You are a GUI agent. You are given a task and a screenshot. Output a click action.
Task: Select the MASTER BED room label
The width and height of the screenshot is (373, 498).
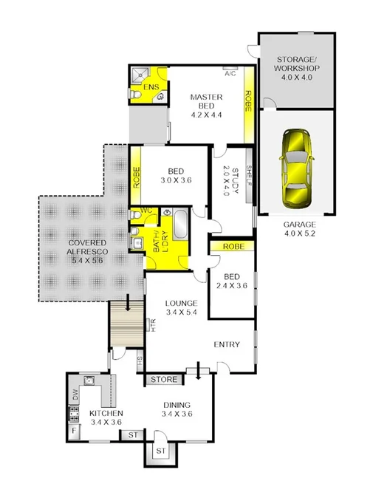click(201, 105)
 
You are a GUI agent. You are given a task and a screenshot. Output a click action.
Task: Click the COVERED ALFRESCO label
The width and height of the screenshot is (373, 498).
click(78, 248)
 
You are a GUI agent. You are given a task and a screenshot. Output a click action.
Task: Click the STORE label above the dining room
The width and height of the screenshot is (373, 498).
click(164, 380)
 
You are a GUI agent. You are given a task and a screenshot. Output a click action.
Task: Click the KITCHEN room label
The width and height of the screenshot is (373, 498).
click(106, 417)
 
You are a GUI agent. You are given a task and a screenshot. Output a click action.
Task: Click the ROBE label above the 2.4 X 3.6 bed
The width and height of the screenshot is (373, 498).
click(233, 247)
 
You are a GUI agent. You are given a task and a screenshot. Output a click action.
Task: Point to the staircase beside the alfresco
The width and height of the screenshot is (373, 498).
click(126, 321)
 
